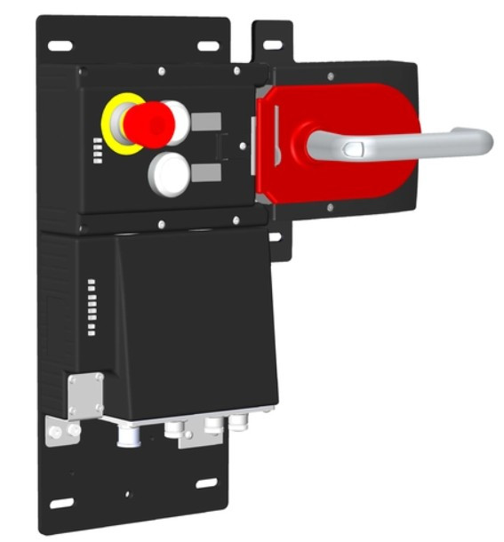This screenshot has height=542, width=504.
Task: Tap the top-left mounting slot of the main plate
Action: click(x=60, y=44)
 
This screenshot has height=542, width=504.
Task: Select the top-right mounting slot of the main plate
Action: click(x=208, y=44)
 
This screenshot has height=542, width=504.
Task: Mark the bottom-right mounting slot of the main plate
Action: click(x=206, y=483)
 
